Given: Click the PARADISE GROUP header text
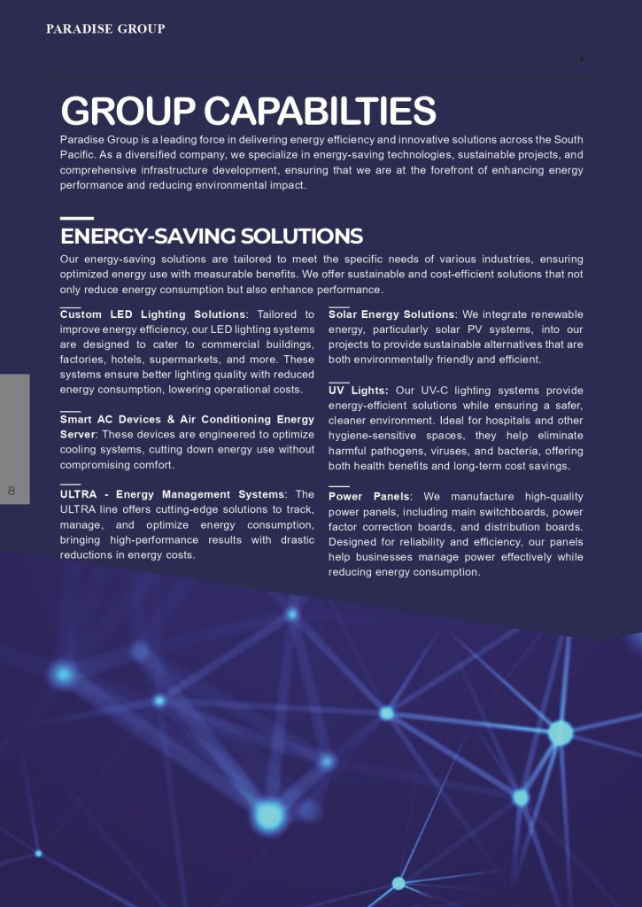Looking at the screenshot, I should coord(105,29).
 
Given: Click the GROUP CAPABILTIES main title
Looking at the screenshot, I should coord(248,112).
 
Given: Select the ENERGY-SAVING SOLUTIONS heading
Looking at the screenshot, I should coord(212,236).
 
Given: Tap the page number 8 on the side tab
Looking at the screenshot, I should coord(12,491).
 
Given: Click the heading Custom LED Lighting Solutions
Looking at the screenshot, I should coord(152,314).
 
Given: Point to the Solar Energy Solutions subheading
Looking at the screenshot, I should coord(391,314).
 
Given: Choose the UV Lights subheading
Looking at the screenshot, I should coord(358,391).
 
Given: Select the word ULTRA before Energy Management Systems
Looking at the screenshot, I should coord(79,494).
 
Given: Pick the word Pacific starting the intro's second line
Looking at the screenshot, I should coord(78,155).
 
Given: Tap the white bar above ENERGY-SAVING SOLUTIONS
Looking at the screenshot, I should coord(76,218).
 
